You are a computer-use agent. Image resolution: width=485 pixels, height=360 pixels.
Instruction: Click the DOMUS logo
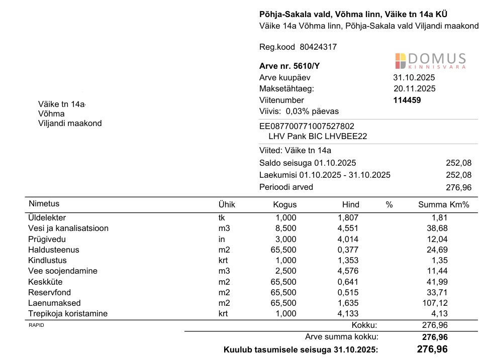[430, 61]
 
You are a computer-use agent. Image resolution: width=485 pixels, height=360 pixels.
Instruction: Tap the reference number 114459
[407, 100]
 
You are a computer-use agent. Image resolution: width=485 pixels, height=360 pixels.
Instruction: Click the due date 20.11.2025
[415, 89]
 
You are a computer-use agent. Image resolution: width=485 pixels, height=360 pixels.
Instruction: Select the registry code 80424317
[318, 47]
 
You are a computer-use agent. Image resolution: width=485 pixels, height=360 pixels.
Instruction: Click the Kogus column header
[285, 204]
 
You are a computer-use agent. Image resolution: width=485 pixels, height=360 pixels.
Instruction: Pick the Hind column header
[351, 204]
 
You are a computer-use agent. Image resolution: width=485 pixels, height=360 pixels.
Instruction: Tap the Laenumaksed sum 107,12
[435, 303]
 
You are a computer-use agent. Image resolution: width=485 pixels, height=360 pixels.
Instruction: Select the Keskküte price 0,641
[348, 282]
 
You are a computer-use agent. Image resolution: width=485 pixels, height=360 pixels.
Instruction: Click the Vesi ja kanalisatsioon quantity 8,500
[286, 228]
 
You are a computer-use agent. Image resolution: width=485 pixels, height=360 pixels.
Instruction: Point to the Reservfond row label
[50, 292]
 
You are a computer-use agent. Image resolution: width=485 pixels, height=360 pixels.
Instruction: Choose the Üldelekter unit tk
[222, 218]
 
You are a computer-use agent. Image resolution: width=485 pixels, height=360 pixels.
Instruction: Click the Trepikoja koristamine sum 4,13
[439, 314]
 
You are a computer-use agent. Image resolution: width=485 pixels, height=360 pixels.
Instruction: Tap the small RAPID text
[36, 325]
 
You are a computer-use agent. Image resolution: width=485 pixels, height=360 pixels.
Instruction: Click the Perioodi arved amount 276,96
[459, 187]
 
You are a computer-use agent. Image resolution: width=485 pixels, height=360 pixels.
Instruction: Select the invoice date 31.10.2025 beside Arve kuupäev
[414, 78]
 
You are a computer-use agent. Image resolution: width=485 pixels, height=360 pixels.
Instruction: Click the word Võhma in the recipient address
[51, 114]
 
